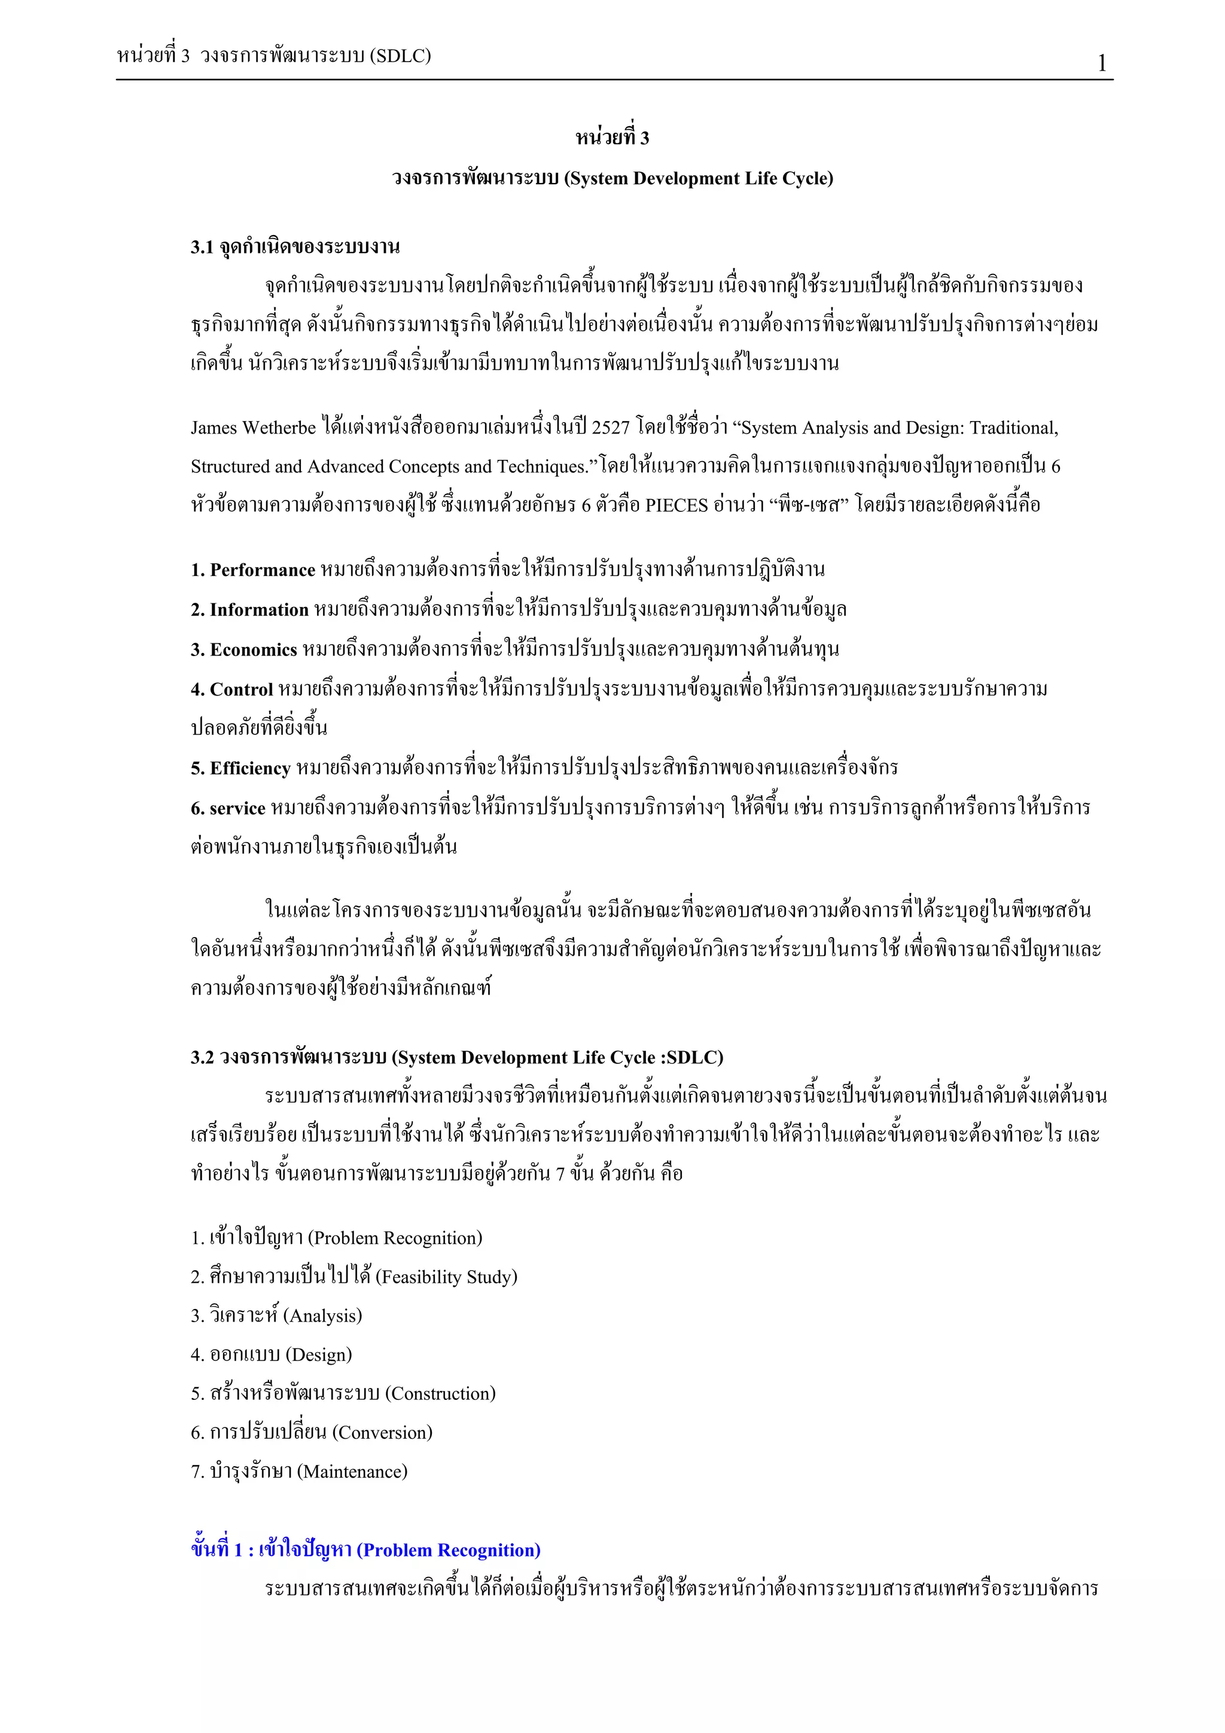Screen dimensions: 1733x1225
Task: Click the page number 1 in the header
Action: pyautogui.click(x=1101, y=63)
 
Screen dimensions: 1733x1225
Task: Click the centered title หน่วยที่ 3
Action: pyautogui.click(x=612, y=138)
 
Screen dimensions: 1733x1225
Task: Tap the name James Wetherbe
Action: pyautogui.click(x=253, y=428)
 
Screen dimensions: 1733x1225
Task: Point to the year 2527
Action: pyautogui.click(x=610, y=428)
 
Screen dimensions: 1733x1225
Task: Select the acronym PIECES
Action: pyautogui.click(x=677, y=505)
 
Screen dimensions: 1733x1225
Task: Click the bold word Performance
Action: pyautogui.click(x=262, y=570)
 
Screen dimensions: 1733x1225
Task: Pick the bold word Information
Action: pyautogui.click(x=259, y=610)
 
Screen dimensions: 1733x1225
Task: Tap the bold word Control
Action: pyautogui.click(x=241, y=689)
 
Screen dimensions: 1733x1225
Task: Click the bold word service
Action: pyautogui.click(x=237, y=808)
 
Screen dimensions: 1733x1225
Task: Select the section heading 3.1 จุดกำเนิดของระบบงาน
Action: pyautogui.click(x=295, y=247)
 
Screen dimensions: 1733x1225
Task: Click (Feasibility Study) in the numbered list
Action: pyautogui.click(x=446, y=1277)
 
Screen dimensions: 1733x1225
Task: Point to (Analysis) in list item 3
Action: pyautogui.click(x=322, y=1316)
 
